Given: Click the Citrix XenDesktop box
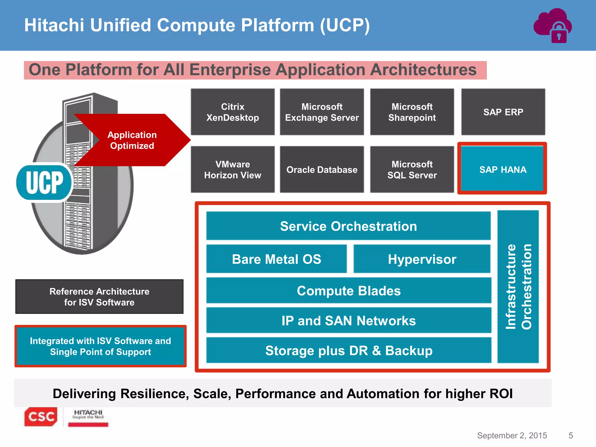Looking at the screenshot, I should pos(233,112).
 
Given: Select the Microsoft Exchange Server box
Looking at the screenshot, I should pos(322,112).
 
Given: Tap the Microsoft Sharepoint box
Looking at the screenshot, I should pos(412,112).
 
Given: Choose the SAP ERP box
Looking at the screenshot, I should pos(503,112).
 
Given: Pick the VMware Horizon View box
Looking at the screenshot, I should pos(233,169).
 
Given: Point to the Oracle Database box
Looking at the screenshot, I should pos(322,169).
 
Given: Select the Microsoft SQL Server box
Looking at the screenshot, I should pos(412,169).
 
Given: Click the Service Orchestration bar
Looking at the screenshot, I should pos(348,226).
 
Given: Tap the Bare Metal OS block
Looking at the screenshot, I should pos(276,259).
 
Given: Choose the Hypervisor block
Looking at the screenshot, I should pos(422,259).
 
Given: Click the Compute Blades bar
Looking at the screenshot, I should pos(349,290).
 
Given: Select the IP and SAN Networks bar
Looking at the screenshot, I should pos(349,320).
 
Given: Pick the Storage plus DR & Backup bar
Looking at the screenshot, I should pos(349,350).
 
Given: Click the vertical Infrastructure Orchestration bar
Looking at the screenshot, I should pos(518,287).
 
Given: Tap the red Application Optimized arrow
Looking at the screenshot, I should pos(132,140).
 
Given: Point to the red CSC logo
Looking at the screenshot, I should pos(41,417).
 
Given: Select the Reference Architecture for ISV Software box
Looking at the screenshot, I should pos(99,297).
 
